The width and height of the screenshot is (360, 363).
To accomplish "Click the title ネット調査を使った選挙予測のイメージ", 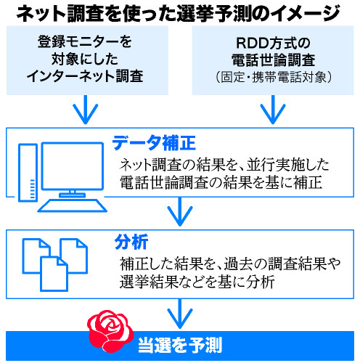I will click(x=179, y=12).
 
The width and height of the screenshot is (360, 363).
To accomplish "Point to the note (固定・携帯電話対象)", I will click(x=273, y=76).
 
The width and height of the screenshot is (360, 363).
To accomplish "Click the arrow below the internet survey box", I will click(x=86, y=110).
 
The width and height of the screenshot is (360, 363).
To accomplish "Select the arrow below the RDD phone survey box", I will click(x=273, y=110).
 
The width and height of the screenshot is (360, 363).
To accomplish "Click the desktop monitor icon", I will click(x=69, y=171).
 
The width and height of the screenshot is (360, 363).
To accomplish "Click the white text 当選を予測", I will click(x=179, y=343).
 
